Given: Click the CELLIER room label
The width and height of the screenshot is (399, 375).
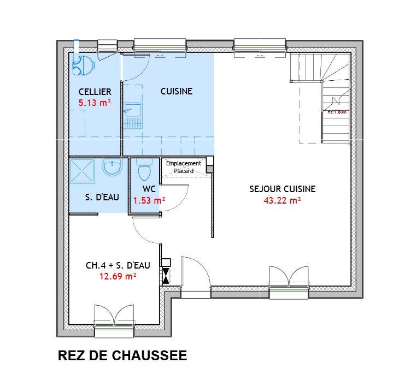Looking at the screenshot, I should pos(95,92).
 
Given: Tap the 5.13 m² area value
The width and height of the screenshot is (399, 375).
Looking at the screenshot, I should pos(95,102).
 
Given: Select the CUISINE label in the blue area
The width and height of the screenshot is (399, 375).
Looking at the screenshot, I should pos(176,92).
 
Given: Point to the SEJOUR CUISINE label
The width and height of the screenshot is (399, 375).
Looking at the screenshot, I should pos(282,189).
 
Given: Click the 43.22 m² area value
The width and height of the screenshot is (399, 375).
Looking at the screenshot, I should pos(282,200).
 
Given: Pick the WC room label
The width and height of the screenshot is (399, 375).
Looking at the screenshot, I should pos(149,189).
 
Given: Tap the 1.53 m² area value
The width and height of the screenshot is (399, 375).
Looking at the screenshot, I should pos(149,200).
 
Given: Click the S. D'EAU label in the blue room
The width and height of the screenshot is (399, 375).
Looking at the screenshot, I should pos(102,197).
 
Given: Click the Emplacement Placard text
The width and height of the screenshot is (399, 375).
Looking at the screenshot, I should pos(184,167).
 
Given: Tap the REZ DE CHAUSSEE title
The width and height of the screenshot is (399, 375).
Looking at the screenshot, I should pos(122,356).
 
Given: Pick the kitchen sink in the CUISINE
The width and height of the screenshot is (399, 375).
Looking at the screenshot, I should pos(133,114).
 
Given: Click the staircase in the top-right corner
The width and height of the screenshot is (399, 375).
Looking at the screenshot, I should pos(322,98).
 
